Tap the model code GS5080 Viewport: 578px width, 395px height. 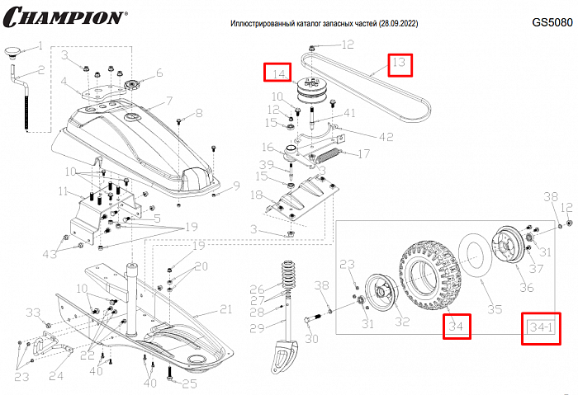pos(552,23)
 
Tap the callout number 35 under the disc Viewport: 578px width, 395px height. pos(495,310)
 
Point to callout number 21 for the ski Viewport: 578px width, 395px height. pos(225,309)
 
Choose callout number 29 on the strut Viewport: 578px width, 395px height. pos(256,328)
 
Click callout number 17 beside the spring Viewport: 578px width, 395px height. pos(362,153)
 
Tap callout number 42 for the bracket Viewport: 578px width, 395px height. pos(362,136)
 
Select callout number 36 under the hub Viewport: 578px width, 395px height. pos(526,288)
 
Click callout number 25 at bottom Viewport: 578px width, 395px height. pos(190,383)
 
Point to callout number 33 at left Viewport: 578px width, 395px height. pos(32,312)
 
